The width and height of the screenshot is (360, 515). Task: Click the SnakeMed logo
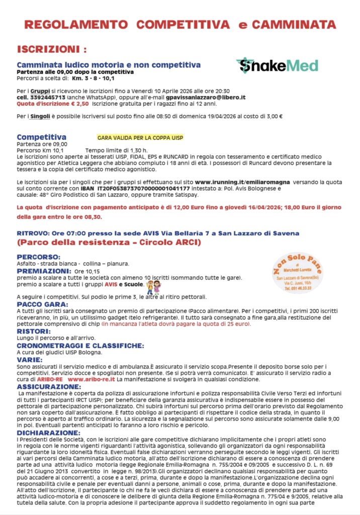277,65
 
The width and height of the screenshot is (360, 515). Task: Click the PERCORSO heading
39,256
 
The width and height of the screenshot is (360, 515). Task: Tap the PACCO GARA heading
41,304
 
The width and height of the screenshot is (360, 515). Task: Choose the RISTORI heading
33,331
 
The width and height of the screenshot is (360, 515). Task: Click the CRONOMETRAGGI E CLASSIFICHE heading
80,346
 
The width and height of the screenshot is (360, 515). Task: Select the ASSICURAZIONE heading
49,386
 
